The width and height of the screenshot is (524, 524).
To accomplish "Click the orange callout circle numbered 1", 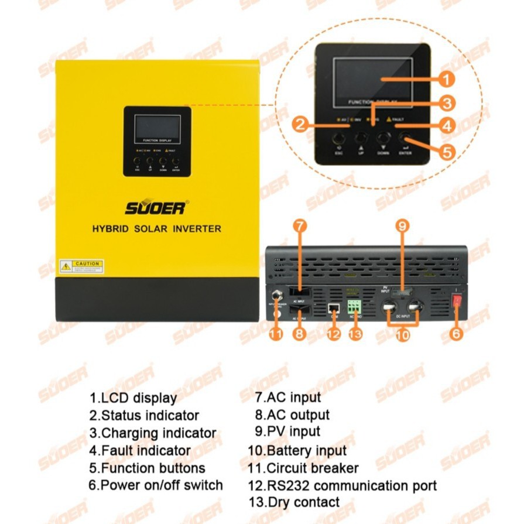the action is (x=447, y=80).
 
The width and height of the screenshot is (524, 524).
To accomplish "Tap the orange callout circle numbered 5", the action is (x=447, y=152).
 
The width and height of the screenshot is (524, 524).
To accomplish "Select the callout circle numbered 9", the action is (x=402, y=225).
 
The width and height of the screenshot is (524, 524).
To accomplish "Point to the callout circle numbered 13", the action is (x=355, y=334).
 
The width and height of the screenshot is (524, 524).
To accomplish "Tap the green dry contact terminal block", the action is (x=354, y=306).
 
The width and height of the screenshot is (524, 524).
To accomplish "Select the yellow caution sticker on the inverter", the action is (x=81, y=266).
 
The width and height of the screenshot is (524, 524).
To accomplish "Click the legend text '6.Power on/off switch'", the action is (x=156, y=485).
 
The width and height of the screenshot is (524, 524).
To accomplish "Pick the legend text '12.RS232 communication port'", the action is (x=342, y=485).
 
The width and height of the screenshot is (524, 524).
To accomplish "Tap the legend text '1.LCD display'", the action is (x=133, y=398).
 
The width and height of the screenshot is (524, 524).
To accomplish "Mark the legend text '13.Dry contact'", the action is (x=293, y=502).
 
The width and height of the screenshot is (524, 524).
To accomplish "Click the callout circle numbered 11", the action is (x=276, y=334).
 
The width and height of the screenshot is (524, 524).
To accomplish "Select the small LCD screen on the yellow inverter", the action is (x=157, y=128).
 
